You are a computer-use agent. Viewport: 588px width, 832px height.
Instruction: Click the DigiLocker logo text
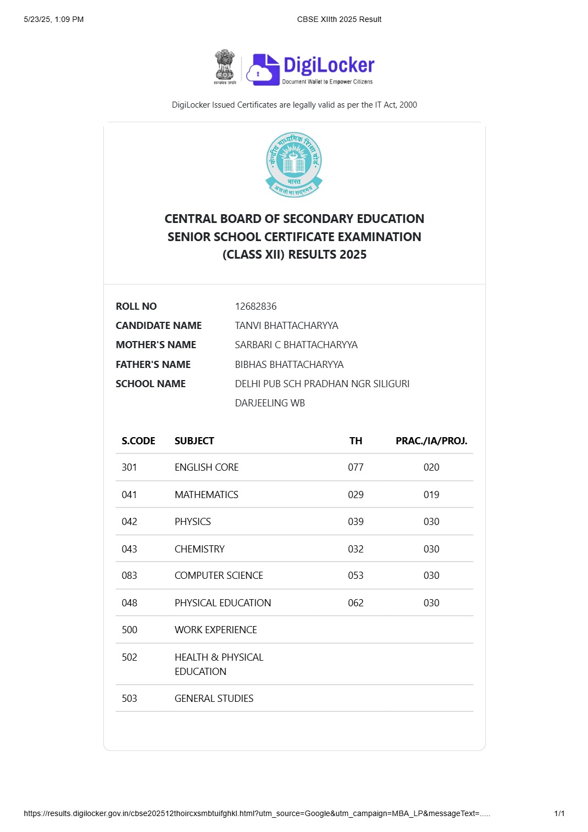(329, 65)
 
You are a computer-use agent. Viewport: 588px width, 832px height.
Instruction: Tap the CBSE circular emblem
(294, 164)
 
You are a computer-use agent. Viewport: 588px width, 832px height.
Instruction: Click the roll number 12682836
(256, 306)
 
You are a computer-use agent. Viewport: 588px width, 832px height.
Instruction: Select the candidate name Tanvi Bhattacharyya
(286, 326)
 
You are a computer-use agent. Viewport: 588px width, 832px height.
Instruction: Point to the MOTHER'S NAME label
(156, 345)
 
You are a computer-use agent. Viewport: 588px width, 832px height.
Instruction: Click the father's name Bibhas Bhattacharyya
(289, 365)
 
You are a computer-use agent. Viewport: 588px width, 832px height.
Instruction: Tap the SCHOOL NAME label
(151, 384)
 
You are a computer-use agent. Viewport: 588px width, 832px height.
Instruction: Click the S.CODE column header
(138, 441)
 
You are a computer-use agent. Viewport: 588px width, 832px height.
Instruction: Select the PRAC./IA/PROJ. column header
(431, 441)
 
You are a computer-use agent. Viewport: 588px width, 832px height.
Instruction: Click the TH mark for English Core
(356, 467)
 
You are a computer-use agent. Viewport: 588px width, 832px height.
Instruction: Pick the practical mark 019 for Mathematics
(431, 495)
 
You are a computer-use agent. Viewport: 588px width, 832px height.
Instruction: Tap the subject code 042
(129, 522)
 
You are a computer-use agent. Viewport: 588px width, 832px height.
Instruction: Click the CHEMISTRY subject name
(199, 549)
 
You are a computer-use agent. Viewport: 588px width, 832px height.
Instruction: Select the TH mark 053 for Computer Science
(356, 576)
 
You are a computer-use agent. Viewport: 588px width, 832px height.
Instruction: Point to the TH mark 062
(356, 603)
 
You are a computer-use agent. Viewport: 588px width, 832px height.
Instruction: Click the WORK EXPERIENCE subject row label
(215, 630)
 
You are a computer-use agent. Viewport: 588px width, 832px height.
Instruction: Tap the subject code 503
(129, 699)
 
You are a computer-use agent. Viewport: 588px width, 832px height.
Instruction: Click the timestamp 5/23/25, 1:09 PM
(54, 19)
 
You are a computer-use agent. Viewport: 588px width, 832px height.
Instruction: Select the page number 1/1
(559, 813)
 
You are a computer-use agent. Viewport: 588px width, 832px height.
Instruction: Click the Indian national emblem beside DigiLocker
(224, 67)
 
